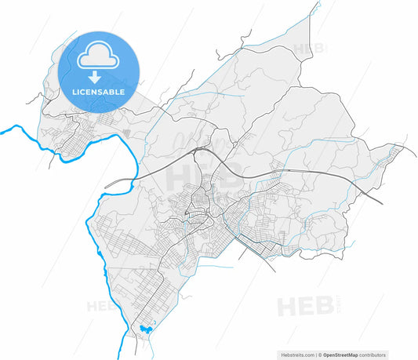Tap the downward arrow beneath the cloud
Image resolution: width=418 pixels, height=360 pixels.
[x=93, y=77]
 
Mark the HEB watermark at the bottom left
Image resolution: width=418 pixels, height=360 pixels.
[x=105, y=303]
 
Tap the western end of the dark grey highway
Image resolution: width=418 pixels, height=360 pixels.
[x=105, y=187]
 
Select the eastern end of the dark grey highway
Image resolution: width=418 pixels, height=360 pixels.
[x=382, y=203]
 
